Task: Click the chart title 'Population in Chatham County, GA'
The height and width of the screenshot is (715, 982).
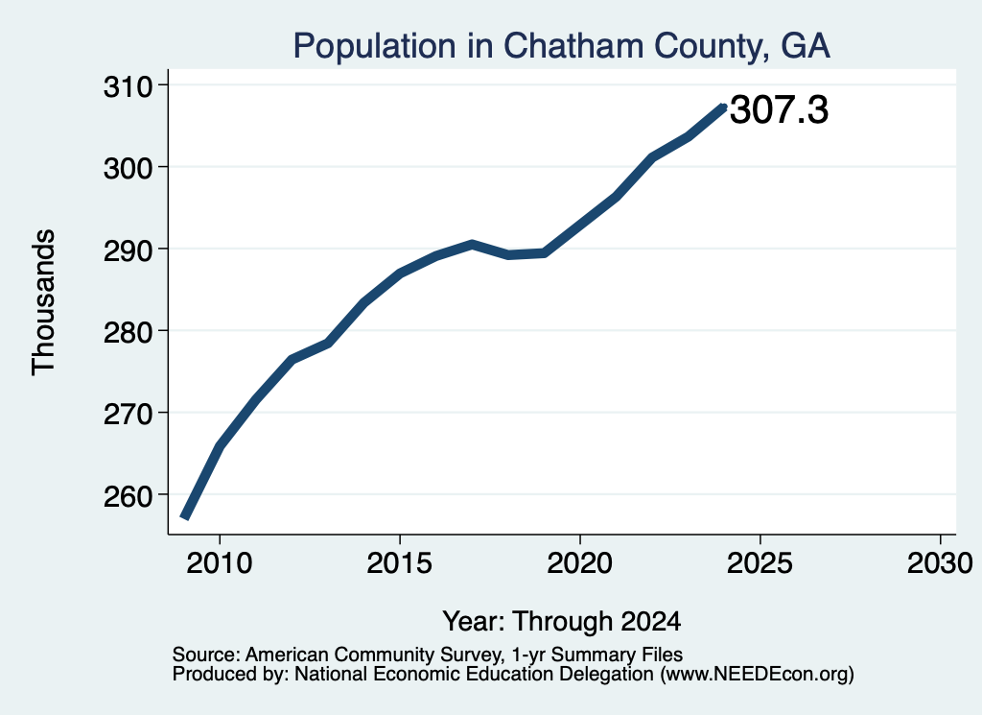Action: (561, 46)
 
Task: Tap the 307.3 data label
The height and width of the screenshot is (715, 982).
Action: (779, 109)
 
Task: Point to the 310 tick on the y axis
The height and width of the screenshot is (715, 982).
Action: (129, 86)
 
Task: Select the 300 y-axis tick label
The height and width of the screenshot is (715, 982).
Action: (129, 168)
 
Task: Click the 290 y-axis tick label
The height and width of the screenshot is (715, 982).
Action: (129, 250)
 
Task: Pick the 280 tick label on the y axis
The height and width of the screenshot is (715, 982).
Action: (129, 331)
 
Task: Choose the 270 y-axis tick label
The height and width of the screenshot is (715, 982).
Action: (129, 414)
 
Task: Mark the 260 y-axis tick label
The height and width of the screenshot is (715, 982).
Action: (129, 495)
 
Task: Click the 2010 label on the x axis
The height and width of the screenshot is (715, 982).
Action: (220, 562)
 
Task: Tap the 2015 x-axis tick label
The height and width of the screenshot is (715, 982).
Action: (400, 562)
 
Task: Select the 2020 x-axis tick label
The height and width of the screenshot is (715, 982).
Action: (580, 562)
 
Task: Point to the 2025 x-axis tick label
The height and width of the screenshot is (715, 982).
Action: (760, 562)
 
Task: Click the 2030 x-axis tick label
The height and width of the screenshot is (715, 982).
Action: (940, 562)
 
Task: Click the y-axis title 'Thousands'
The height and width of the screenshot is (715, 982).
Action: (44, 302)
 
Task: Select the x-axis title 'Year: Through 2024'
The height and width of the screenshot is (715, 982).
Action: (562, 621)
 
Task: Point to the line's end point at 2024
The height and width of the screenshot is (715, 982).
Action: (724, 107)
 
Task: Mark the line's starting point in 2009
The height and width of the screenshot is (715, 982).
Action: (184, 517)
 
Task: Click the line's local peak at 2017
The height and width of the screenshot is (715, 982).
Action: (472, 245)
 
